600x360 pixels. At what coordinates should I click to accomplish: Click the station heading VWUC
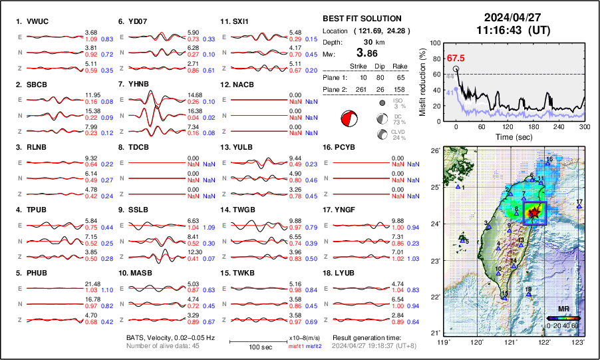(x=41, y=21)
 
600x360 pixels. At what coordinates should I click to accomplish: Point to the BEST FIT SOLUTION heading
(x=361, y=19)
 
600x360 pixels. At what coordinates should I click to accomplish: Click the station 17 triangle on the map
(x=579, y=207)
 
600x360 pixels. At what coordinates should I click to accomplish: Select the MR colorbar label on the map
(x=563, y=309)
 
